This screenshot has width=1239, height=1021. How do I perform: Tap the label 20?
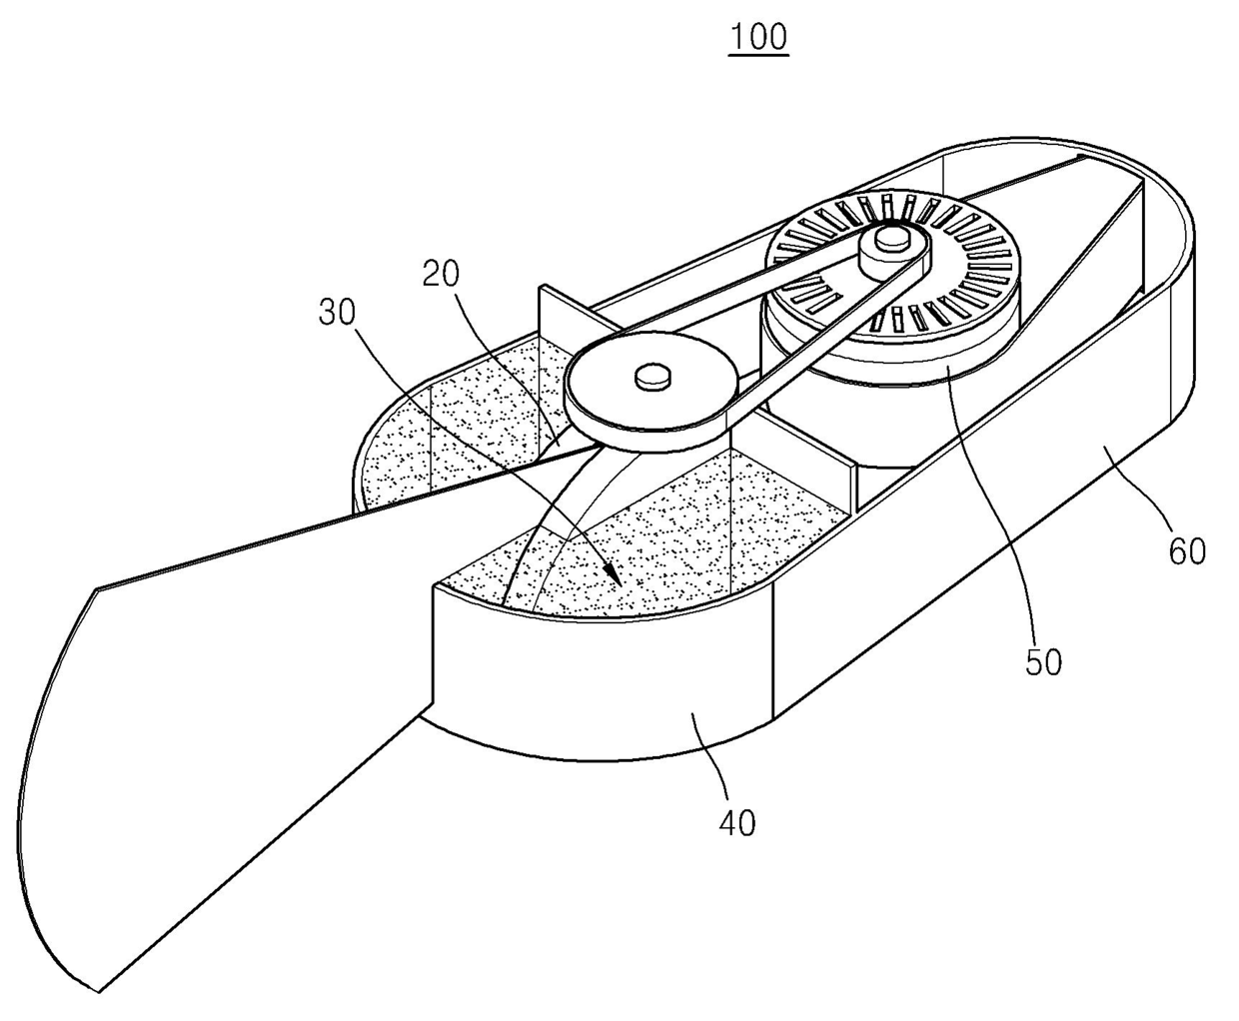tap(440, 273)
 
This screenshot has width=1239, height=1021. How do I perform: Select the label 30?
tap(337, 313)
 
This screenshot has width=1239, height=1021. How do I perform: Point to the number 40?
tap(737, 822)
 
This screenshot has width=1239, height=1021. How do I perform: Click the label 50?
tap(1043, 661)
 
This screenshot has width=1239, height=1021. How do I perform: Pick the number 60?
tap(1187, 550)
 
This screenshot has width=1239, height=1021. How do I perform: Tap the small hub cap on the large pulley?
tap(653, 375)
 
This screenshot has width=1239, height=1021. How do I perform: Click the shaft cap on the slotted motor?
tap(890, 239)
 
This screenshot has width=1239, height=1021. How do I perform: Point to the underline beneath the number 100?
tap(758, 55)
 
